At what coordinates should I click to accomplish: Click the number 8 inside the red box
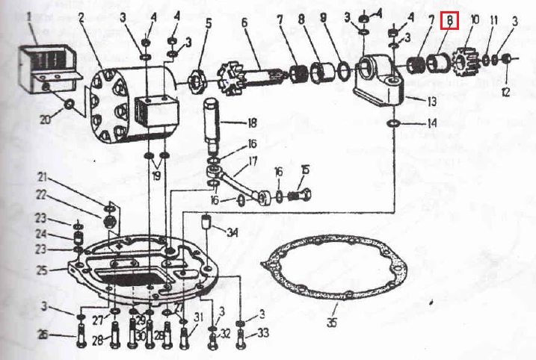point(449,21)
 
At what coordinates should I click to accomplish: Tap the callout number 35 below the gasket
point(331,322)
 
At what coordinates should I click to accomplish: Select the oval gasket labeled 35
point(334,267)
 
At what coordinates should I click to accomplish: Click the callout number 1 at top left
point(28,17)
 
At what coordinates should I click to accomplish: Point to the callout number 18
point(252,122)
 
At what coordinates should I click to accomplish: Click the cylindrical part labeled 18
point(212,124)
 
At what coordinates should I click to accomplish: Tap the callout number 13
point(432,102)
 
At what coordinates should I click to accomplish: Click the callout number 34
point(232,232)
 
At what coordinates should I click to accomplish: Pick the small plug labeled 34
point(206,221)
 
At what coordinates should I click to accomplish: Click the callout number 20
point(46,120)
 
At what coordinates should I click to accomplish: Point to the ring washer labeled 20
point(69,104)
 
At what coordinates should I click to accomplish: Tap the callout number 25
point(41,270)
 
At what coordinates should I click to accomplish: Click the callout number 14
point(432,123)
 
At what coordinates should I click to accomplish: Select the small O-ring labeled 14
point(394,123)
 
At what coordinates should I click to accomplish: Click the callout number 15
point(305,170)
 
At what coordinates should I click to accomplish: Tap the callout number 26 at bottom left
point(43,335)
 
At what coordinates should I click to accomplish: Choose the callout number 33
point(263,332)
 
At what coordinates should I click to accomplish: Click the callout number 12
point(506,92)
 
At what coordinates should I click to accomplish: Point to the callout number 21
point(42,177)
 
